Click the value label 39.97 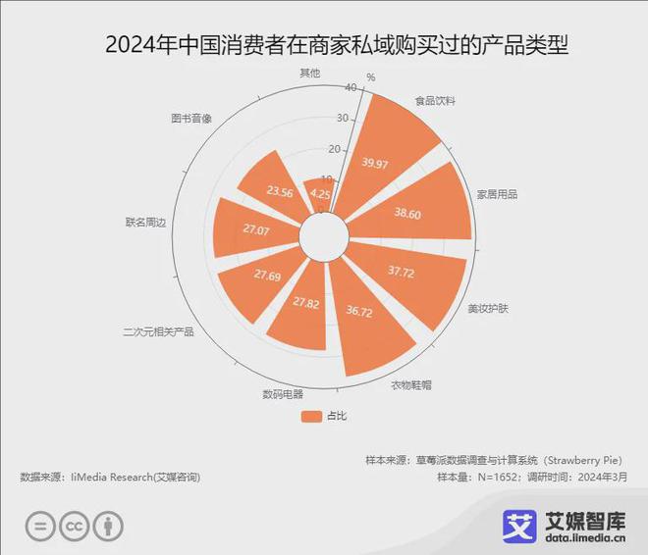pyautogui.click(x=374, y=163)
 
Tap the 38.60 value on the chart pyautogui.click(x=406, y=213)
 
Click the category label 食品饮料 pyautogui.click(x=435, y=101)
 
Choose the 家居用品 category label pyautogui.click(x=497, y=194)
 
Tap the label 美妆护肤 pyautogui.click(x=488, y=309)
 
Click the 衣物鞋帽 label pyautogui.click(x=410, y=384)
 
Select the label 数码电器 pyautogui.click(x=282, y=394)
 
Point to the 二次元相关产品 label pyautogui.click(x=158, y=331)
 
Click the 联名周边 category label pyautogui.click(x=145, y=223)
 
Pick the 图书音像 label pyautogui.click(x=191, y=119)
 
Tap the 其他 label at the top pyautogui.click(x=308, y=74)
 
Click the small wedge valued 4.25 pyautogui.click(x=320, y=193)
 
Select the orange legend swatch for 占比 pyautogui.click(x=311, y=416)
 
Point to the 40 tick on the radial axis pyautogui.click(x=351, y=88)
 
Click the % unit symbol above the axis pyautogui.click(x=370, y=77)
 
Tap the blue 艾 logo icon pyautogui.click(x=519, y=525)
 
